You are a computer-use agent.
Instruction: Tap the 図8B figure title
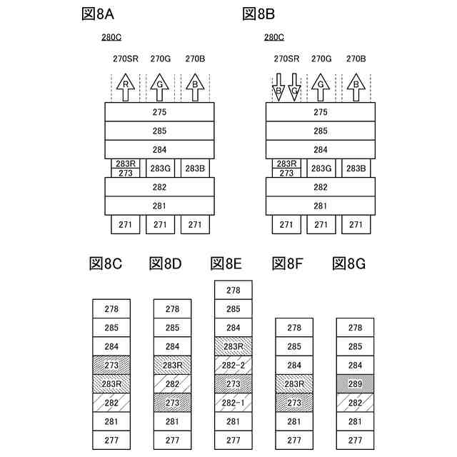point(259,14)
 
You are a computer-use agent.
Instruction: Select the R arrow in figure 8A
point(126,87)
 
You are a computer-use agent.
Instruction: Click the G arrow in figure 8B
point(321,87)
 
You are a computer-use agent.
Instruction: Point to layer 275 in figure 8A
point(160,112)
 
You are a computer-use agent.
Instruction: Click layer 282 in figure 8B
point(321,187)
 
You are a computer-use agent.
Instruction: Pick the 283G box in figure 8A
point(160,169)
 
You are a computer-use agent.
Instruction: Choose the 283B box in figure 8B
point(356,169)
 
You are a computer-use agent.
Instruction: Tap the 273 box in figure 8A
point(126,173)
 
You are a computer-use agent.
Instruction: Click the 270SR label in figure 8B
point(286,59)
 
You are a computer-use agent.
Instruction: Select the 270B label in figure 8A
point(195,59)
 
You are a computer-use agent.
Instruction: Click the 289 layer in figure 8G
point(356,384)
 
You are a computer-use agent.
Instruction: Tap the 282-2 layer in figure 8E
point(233,366)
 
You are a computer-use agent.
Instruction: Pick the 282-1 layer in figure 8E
point(233,403)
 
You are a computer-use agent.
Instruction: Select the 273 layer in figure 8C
point(111,366)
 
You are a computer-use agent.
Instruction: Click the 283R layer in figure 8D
point(172,366)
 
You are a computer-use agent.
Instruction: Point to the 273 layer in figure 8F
point(294,403)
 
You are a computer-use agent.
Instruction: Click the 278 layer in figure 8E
point(233,291)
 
